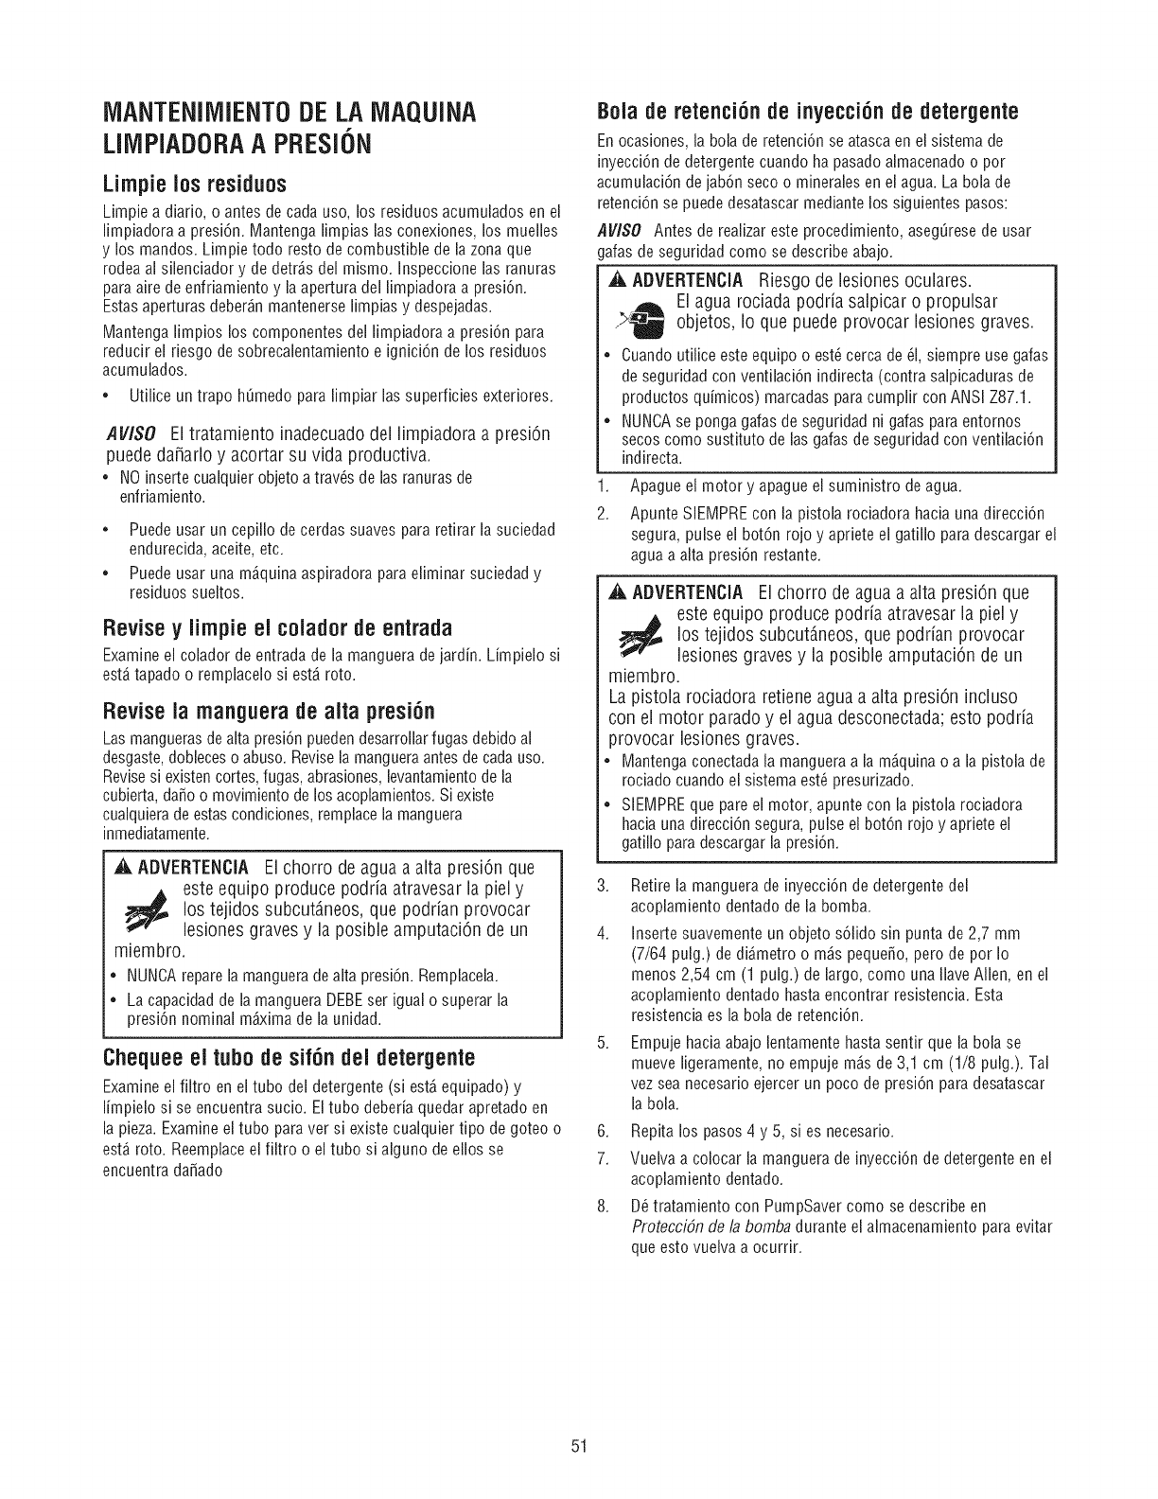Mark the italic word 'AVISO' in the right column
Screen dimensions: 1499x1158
(x=622, y=232)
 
